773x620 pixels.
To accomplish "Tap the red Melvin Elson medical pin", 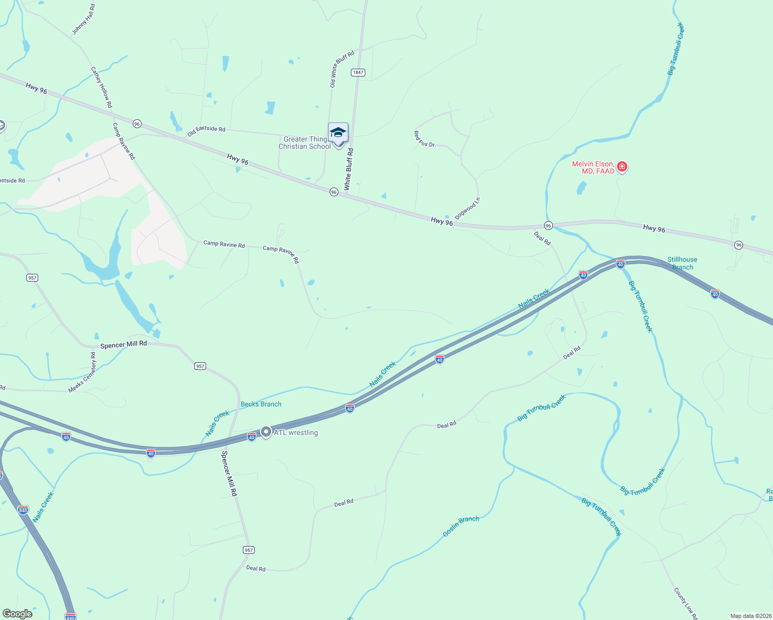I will (622, 166).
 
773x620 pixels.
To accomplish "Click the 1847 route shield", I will (358, 72).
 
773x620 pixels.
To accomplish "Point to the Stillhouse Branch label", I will (682, 263).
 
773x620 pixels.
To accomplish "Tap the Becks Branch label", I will (261, 404).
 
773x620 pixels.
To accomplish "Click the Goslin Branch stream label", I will (461, 526).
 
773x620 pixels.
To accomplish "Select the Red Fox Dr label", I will (424, 139).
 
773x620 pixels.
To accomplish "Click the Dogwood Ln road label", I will (468, 208).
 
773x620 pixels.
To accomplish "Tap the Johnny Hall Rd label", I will (83, 20).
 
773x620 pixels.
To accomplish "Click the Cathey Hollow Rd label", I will (101, 87).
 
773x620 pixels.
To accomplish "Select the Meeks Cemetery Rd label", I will (82, 373).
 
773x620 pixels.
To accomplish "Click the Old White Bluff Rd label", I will (342, 69).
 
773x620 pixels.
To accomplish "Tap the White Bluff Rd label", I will (349, 169).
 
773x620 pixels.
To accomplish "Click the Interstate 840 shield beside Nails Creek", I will (23, 510).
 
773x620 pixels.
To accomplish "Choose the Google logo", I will (17, 614).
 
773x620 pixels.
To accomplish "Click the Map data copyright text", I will (750, 616).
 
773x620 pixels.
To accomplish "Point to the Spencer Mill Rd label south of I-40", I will (229, 474).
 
